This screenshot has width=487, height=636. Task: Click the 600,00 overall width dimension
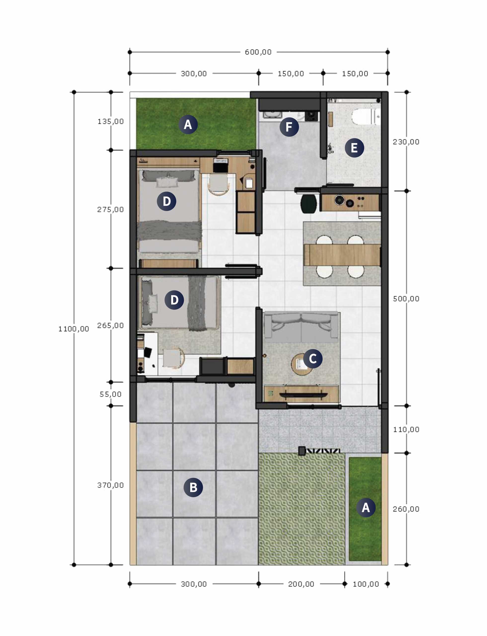coord(258,52)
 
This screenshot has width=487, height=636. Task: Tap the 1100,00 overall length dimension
coord(74,329)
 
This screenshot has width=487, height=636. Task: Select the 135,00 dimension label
coord(111,121)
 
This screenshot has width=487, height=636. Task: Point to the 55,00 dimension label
coord(111,394)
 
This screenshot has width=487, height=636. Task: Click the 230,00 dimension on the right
coord(406,142)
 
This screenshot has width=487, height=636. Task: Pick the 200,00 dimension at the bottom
coord(301,584)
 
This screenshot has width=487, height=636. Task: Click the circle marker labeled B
coord(193,487)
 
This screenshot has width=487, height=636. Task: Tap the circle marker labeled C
coord(312,359)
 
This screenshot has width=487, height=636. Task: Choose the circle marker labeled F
coord(289,127)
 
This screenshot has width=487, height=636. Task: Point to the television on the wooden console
coord(303,395)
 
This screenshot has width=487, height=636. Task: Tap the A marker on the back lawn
coord(188,124)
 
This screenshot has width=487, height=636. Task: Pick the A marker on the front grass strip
coord(366,508)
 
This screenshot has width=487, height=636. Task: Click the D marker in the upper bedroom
coord(166,201)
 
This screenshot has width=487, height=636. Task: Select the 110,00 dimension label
coord(406,430)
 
